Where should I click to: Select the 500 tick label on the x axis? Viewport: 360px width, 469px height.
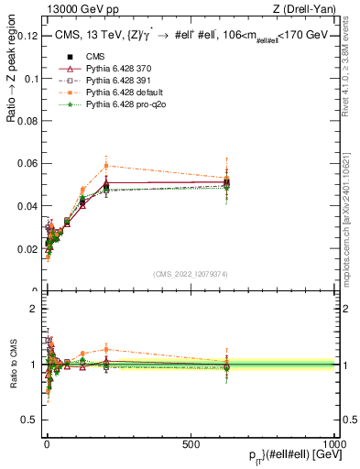pyautogui.click(x=191, y=442)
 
